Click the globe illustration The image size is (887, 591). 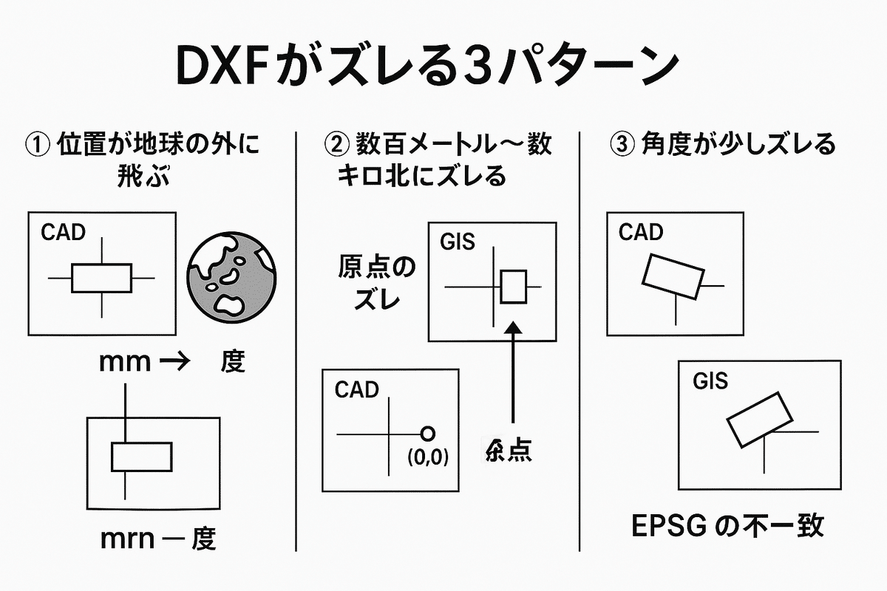[x=231, y=277]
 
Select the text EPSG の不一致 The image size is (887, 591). [x=728, y=527]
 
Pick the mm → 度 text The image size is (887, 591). [x=171, y=362]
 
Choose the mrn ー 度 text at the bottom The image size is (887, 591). [x=159, y=540]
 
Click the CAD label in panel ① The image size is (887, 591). [x=63, y=233]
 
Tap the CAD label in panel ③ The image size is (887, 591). [x=641, y=233]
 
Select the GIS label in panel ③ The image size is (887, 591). [x=710, y=381]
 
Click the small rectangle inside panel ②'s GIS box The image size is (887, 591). [x=513, y=287]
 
